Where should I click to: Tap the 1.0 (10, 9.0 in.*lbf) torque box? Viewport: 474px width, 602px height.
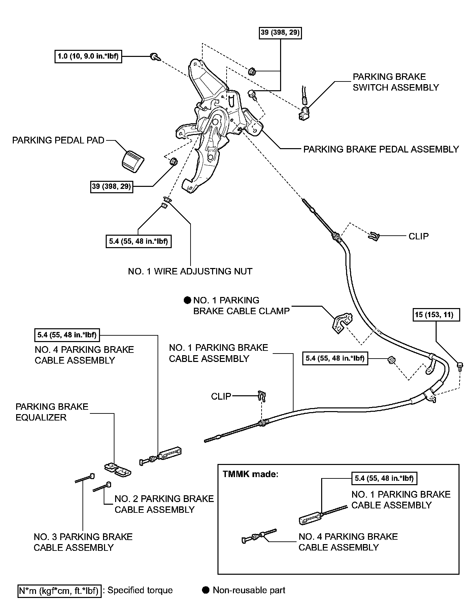click(88, 56)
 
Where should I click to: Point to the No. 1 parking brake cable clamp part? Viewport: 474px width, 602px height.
click(341, 323)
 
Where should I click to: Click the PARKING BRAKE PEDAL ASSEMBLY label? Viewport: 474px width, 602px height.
click(381, 149)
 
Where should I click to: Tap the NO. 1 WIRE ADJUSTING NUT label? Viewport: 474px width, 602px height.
click(190, 271)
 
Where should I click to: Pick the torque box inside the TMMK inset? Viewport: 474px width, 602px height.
click(384, 478)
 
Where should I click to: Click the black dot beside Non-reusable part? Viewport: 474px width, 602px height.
click(206, 590)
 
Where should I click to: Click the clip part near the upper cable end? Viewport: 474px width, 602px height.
click(374, 236)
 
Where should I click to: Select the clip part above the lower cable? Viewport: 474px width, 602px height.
click(262, 396)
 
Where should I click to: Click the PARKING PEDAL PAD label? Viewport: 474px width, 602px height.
click(58, 140)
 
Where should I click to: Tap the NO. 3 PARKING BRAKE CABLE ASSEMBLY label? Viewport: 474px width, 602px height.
click(83, 542)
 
